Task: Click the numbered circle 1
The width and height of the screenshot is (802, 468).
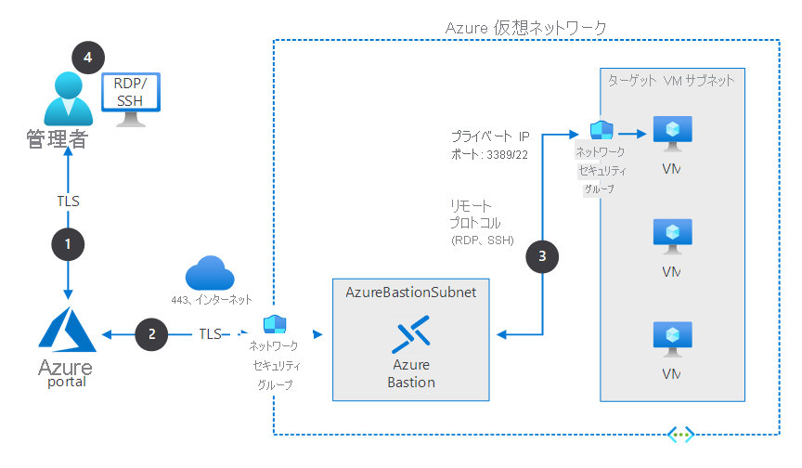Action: tap(67, 243)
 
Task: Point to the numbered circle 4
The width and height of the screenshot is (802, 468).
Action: tap(87, 58)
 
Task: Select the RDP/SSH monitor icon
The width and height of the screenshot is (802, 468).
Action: tap(129, 99)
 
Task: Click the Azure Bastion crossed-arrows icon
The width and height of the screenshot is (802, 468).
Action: tap(412, 334)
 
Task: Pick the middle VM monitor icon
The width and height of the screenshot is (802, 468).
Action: tap(672, 236)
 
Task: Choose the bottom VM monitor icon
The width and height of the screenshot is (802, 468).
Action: tap(672, 338)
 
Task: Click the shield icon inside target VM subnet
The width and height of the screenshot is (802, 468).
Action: tap(600, 130)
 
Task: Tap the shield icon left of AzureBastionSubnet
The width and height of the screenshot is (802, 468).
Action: tap(274, 325)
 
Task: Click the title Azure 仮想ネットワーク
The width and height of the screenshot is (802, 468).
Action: tap(526, 28)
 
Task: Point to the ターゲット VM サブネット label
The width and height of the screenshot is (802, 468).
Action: tap(670, 81)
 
